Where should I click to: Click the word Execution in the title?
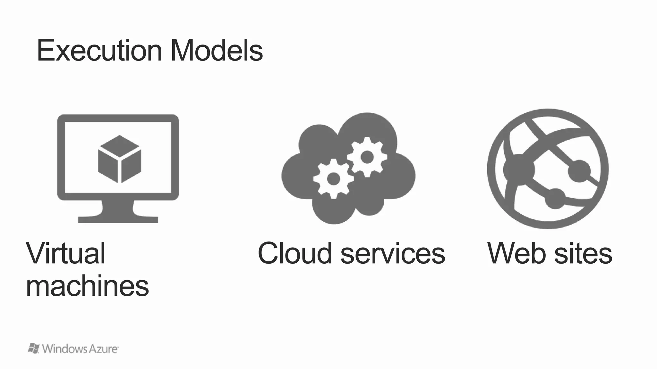tap(99, 51)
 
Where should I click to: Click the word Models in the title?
tap(217, 51)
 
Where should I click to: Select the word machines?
tap(87, 286)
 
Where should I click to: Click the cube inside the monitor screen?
tap(119, 159)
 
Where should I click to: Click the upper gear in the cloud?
tap(367, 157)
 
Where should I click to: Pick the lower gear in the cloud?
tap(333, 179)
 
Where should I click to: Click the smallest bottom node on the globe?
tap(555, 199)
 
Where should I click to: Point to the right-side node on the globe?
tap(579, 171)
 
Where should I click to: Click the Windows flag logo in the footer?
tap(34, 348)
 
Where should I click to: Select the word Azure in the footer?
tap(103, 349)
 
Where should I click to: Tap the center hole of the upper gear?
tap(367, 157)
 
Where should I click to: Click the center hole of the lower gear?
tap(333, 179)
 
